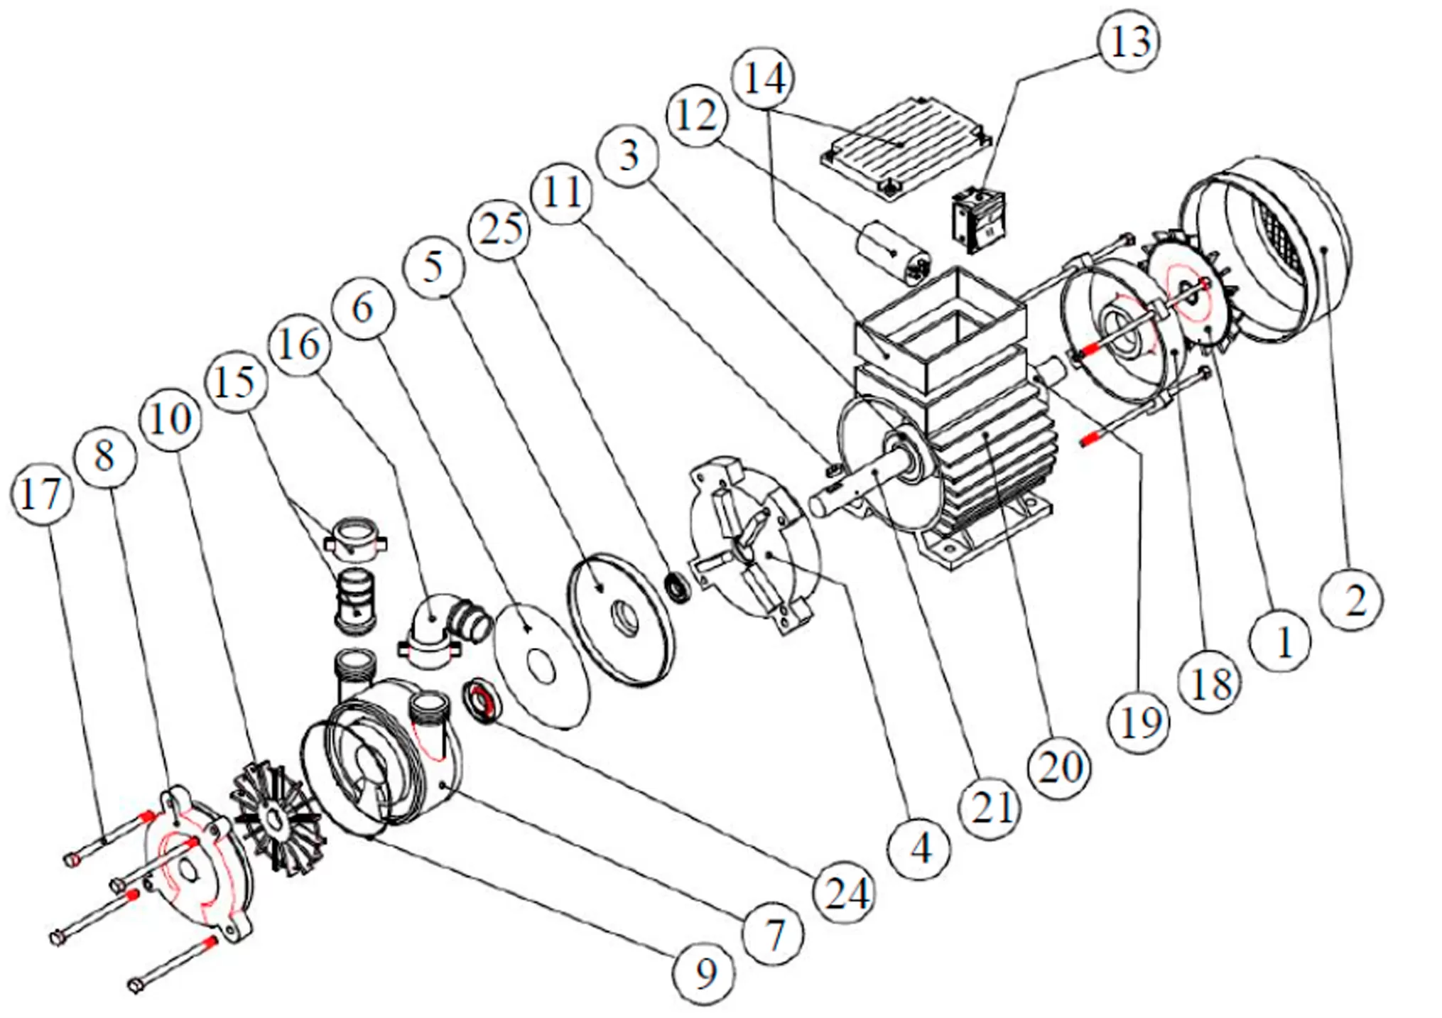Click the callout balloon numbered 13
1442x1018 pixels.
[1129, 40]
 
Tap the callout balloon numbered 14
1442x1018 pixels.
[764, 78]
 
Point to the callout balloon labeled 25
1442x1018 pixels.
[500, 229]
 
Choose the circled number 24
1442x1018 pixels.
[847, 892]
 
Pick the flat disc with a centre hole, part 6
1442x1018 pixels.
[541, 665]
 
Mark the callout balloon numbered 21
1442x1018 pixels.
[991, 808]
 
